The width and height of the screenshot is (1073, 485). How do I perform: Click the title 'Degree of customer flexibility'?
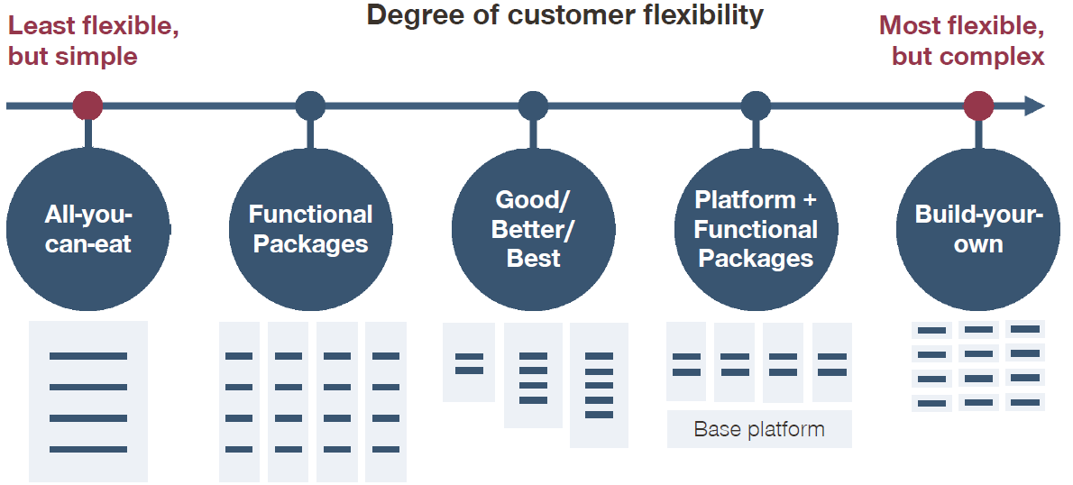tap(565, 14)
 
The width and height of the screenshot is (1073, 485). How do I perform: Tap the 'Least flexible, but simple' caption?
tap(93, 41)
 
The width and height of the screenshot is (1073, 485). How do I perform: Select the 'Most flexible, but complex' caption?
tap(962, 41)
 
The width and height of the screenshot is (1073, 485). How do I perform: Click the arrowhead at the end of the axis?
tap(1034, 106)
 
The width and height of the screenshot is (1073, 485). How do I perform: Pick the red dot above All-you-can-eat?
tap(87, 106)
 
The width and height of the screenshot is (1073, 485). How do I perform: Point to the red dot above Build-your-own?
tap(978, 106)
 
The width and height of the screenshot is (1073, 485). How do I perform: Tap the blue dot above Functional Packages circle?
tap(311, 106)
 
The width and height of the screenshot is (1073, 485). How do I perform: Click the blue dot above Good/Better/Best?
tap(533, 106)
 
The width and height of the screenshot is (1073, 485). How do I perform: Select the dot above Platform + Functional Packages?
tap(757, 106)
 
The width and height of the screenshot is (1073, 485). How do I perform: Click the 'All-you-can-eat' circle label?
tap(87, 229)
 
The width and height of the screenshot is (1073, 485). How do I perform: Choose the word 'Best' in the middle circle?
tap(533, 259)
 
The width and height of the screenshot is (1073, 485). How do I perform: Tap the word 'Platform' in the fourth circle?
tap(745, 200)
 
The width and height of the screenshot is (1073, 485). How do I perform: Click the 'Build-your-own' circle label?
tap(978, 229)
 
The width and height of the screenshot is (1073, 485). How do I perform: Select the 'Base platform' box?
tap(759, 429)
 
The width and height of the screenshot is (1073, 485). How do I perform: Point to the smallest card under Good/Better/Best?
tap(469, 361)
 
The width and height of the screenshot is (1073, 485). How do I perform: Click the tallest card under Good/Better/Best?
tap(599, 385)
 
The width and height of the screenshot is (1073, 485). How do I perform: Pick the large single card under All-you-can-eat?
tap(88, 401)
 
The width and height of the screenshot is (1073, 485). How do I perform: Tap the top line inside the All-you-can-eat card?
tap(88, 356)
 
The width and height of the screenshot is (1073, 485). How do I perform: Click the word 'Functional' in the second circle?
tap(311, 215)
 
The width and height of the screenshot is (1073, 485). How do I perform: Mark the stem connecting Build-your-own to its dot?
tap(978, 134)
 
